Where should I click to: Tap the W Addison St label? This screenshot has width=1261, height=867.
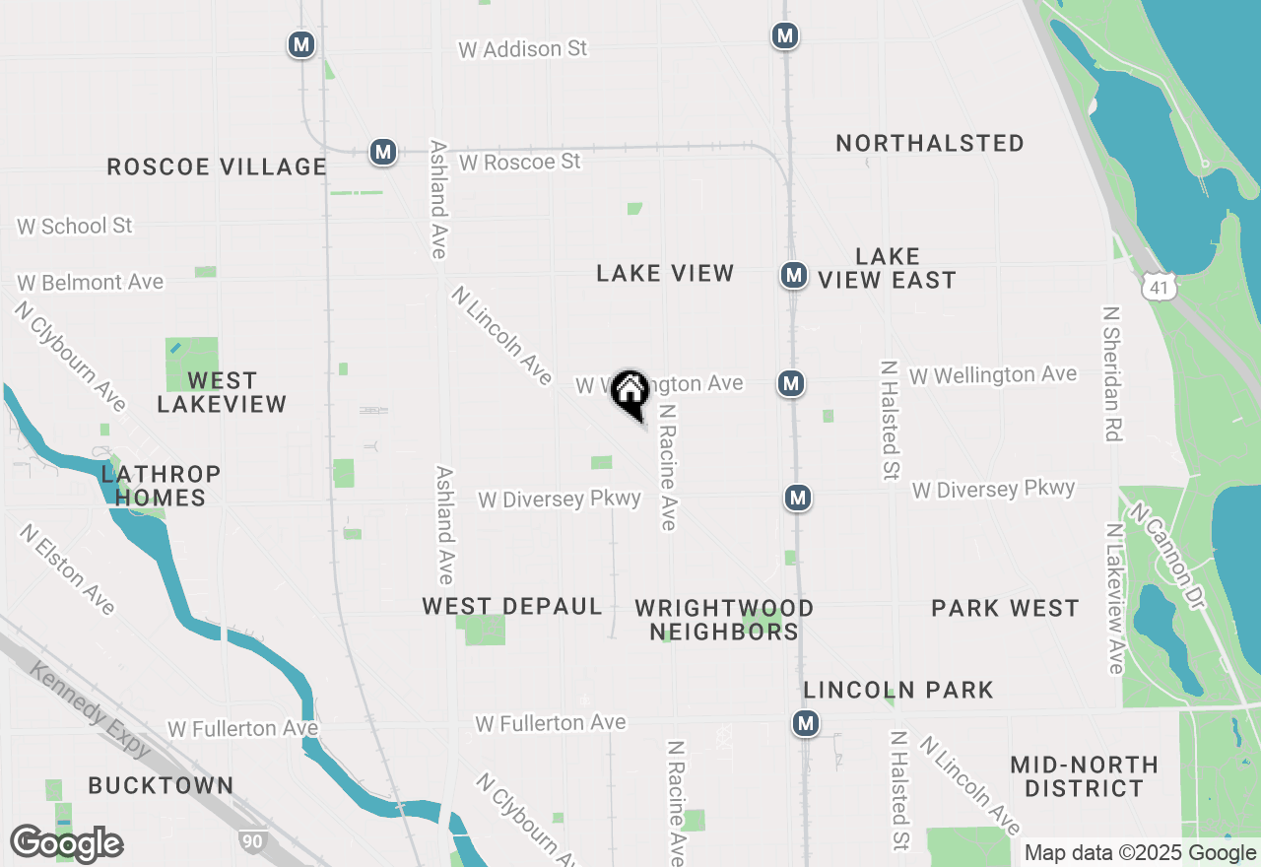(x=522, y=48)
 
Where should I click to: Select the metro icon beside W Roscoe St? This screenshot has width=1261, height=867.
(x=383, y=152)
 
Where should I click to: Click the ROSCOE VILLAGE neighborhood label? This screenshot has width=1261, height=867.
(x=216, y=167)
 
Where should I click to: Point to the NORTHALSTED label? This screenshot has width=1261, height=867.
(x=929, y=143)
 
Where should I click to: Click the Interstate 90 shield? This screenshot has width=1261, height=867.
(x=251, y=840)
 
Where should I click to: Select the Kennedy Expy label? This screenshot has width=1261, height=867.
(x=90, y=710)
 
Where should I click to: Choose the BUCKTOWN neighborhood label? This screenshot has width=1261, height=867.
(x=161, y=785)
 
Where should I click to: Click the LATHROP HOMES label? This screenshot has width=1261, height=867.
(x=161, y=486)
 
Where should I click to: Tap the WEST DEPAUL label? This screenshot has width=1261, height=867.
(x=511, y=606)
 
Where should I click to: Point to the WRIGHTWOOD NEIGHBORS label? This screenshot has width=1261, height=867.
(x=724, y=620)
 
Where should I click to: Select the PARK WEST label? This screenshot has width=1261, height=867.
(x=1005, y=608)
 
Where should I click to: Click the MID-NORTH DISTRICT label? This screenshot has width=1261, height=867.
(x=1084, y=776)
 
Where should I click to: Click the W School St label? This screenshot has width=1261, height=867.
(x=74, y=226)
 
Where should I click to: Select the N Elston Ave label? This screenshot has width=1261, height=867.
(x=67, y=568)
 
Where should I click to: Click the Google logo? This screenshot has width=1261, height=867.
(x=66, y=843)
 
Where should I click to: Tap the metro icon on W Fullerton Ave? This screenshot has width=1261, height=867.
(x=806, y=724)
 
